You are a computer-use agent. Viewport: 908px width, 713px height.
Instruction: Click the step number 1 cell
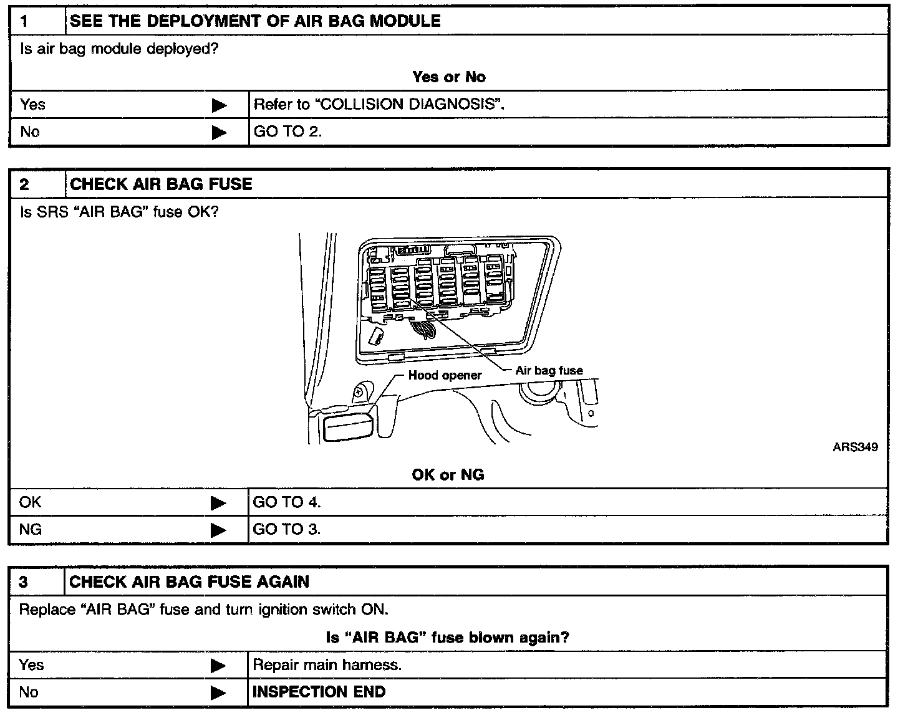click(37, 21)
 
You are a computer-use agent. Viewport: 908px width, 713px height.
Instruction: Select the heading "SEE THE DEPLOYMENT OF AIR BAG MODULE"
click(255, 21)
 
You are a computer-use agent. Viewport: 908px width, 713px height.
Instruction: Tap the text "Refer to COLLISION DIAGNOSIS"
click(379, 104)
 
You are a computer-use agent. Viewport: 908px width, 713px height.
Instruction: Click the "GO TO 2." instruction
click(287, 132)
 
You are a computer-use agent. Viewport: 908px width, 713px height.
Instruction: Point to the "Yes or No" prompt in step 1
click(448, 77)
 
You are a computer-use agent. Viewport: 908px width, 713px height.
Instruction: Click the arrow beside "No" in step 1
click(220, 132)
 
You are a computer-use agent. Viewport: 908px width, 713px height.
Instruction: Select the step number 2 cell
click(37, 184)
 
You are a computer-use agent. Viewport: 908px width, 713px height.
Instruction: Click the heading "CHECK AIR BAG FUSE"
click(161, 184)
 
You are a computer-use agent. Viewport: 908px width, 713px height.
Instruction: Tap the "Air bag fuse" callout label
click(549, 370)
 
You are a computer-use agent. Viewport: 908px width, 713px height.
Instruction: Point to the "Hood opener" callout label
click(445, 375)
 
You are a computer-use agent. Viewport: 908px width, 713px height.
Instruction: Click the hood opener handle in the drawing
click(348, 428)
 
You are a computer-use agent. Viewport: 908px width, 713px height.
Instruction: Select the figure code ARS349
click(855, 447)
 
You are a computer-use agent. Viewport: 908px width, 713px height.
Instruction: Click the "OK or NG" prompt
click(448, 475)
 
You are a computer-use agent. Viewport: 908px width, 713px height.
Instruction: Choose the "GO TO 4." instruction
click(287, 502)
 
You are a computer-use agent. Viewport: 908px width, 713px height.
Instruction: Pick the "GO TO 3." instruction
click(287, 530)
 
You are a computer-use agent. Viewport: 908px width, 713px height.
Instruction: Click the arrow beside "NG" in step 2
click(218, 530)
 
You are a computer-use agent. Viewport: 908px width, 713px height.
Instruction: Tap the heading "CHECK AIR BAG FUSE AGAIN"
click(189, 582)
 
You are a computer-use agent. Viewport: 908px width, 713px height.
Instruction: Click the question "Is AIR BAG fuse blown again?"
click(448, 638)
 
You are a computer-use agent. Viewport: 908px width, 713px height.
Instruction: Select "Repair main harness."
click(327, 665)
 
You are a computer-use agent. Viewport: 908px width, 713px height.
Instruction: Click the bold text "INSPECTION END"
click(319, 692)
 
